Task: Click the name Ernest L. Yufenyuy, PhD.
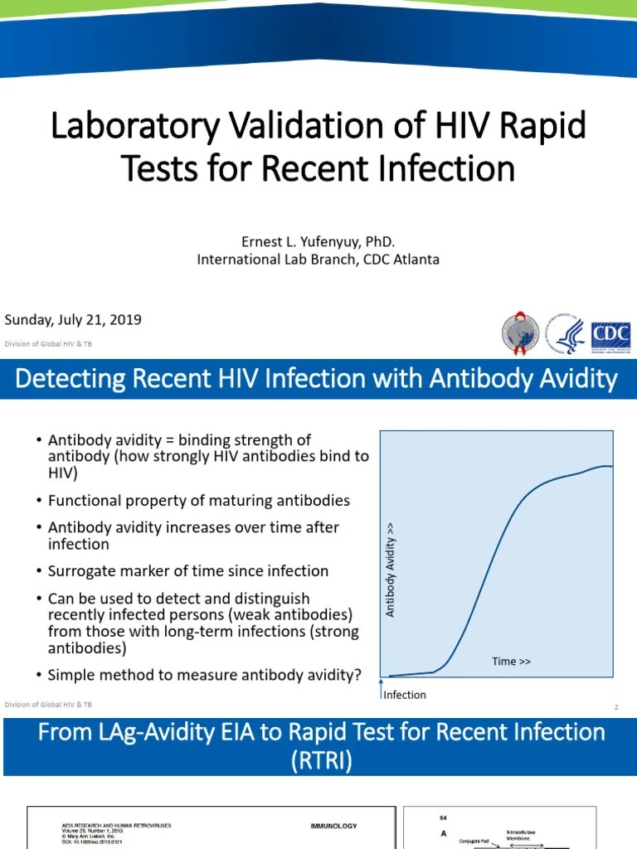318,241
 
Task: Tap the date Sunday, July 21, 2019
73,319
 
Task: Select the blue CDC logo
610,335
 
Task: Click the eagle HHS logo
570,336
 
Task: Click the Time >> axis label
511,661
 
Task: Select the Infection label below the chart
405,695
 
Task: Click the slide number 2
616,707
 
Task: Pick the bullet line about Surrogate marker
187,571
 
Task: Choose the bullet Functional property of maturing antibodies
198,501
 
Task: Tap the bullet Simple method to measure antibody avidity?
204,675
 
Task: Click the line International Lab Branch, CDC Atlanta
318,260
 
